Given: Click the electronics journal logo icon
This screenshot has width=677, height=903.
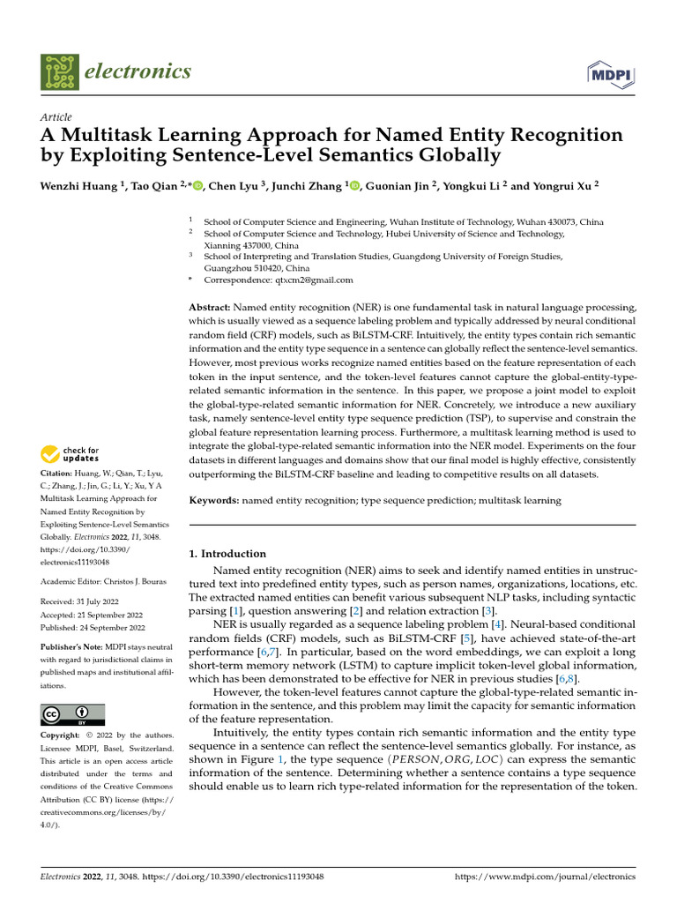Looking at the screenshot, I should (x=58, y=71).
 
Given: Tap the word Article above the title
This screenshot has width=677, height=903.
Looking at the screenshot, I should (x=56, y=117).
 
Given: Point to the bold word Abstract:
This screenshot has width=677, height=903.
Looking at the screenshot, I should (x=211, y=306).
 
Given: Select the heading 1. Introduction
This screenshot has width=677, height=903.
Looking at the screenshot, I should (x=227, y=554).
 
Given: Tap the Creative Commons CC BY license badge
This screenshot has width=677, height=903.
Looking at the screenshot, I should (x=73, y=714).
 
